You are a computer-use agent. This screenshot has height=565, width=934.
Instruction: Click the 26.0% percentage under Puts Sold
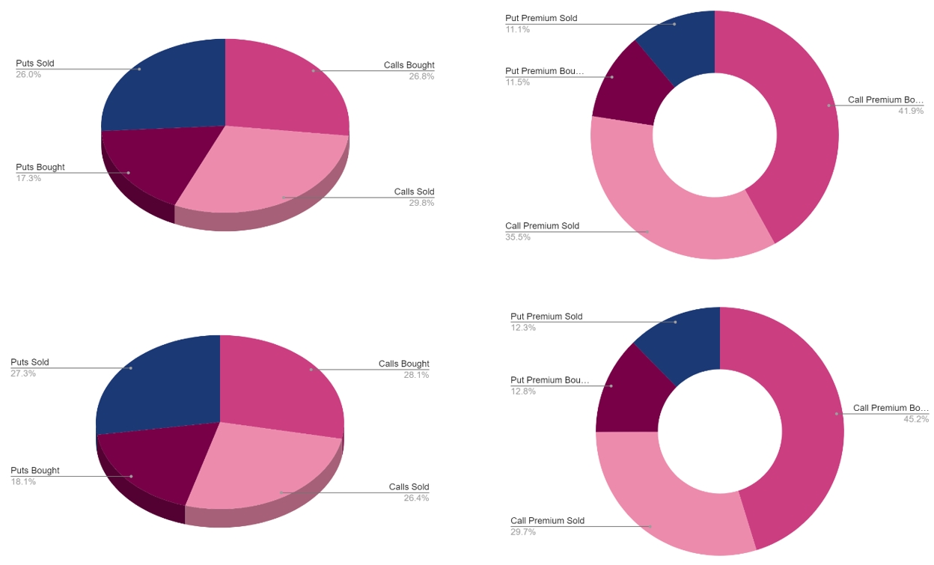(28, 75)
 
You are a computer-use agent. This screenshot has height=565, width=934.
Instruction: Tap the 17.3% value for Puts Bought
(28, 178)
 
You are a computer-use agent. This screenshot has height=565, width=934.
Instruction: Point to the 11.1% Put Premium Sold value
(518, 29)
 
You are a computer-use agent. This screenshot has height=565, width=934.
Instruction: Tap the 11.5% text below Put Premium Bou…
(518, 82)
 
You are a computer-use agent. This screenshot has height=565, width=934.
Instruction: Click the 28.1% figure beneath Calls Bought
(416, 375)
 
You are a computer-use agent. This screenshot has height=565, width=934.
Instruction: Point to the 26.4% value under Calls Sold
(416, 498)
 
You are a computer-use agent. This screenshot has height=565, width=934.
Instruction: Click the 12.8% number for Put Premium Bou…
(523, 391)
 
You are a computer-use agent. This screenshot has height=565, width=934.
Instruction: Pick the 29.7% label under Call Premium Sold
(523, 532)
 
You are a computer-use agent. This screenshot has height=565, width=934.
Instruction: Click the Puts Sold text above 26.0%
(35, 64)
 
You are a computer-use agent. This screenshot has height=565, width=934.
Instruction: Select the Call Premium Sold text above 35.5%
(542, 226)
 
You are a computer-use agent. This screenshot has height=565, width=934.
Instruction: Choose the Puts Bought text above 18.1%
(35, 471)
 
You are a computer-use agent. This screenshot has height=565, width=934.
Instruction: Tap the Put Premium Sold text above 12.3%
(546, 317)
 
